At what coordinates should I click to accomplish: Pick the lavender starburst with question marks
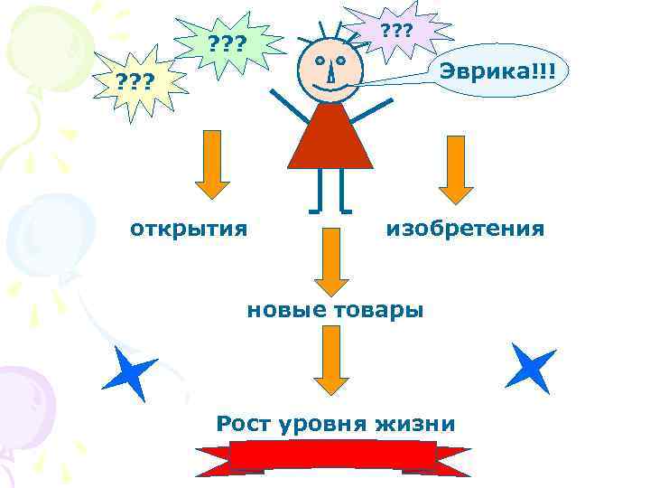tap(396, 31)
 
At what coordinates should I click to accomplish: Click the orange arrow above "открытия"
tap(213, 164)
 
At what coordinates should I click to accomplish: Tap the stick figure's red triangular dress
tap(330, 140)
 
